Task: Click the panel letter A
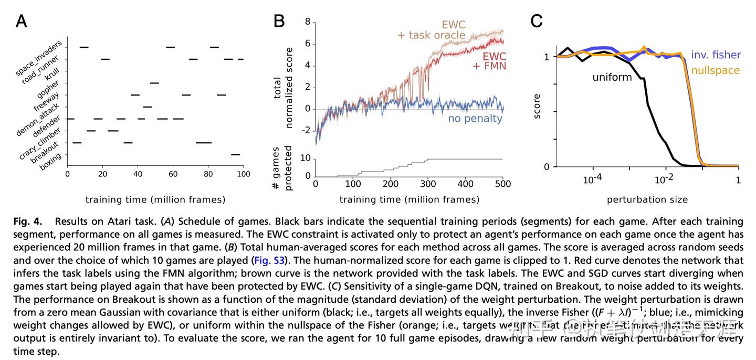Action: click(21, 21)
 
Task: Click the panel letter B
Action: click(279, 21)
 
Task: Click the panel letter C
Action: click(537, 21)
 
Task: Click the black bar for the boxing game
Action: click(235, 154)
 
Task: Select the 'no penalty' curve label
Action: click(475, 119)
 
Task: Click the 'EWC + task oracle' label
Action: click(432, 30)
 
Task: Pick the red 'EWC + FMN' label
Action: click(489, 61)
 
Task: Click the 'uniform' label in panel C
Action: click(612, 77)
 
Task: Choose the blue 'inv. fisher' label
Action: click(716, 55)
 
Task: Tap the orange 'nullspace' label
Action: click(716, 70)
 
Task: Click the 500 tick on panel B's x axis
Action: click(502, 184)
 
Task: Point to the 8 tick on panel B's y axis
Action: click(308, 22)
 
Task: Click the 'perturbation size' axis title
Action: click(647, 199)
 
